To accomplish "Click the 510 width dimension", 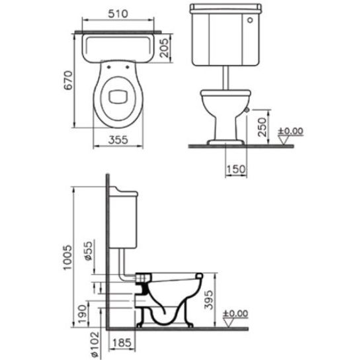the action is [x=118, y=14].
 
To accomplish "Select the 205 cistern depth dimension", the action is [x=165, y=48].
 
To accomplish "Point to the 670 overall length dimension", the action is [x=68, y=80].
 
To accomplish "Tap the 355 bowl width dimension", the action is [x=118, y=140].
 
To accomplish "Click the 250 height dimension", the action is [x=262, y=127].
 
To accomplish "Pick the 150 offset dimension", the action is [x=236, y=169].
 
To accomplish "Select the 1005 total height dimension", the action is [x=68, y=257].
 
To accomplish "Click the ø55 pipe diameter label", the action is [x=89, y=251].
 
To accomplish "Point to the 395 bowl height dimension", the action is [x=209, y=300].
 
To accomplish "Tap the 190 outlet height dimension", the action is [x=83, y=314].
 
